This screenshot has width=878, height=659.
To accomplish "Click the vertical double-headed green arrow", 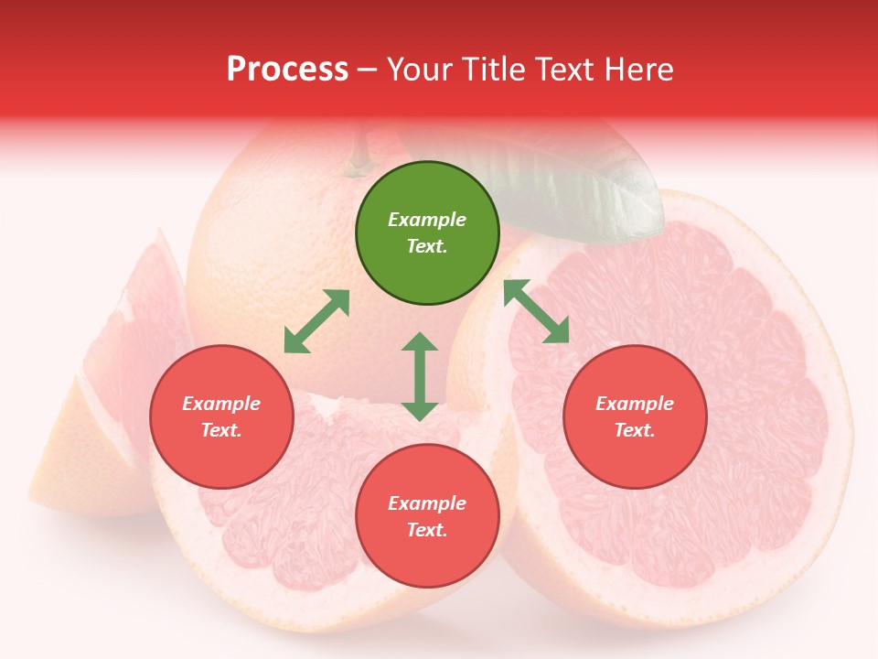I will tap(420, 376).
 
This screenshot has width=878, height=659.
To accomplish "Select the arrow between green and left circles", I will tap(316, 321).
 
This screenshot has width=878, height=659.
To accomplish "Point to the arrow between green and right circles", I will tap(536, 311).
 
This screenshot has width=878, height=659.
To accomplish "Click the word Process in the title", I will tap(287, 69).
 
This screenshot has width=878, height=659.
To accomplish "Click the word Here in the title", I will tap(639, 69).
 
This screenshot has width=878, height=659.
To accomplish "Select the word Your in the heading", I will tap(421, 69).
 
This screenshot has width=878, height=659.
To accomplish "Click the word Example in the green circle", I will tap(427, 220).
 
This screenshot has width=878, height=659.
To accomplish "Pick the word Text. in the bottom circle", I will tap(427, 530).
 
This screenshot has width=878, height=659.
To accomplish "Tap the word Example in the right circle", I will tap(635, 404).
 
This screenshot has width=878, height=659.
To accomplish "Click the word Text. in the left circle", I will tap(221, 430).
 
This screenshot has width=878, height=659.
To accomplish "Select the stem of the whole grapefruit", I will tap(359, 151).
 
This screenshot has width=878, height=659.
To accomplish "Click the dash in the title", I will tap(368, 70).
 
